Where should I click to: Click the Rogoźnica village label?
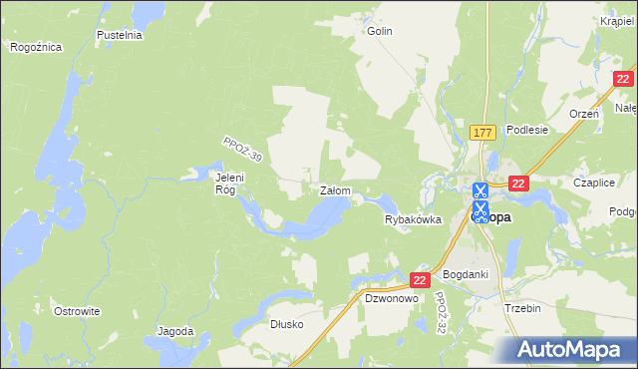coord(36,47)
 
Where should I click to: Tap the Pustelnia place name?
coord(120,35)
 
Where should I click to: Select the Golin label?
coord(380,31)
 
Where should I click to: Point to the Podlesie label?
coord(527,130)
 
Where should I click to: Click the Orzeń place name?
coord(583,114)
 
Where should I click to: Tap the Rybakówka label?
coord(413,220)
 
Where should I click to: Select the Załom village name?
coord(333,189)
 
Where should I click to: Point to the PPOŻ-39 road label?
coord(242,151)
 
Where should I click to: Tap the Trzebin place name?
coord(522,308)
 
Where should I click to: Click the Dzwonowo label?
coord(390,298)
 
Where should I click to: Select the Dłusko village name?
coord(287,324)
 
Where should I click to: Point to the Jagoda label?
coord(174,331)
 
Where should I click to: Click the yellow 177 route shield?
coord(483,133)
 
